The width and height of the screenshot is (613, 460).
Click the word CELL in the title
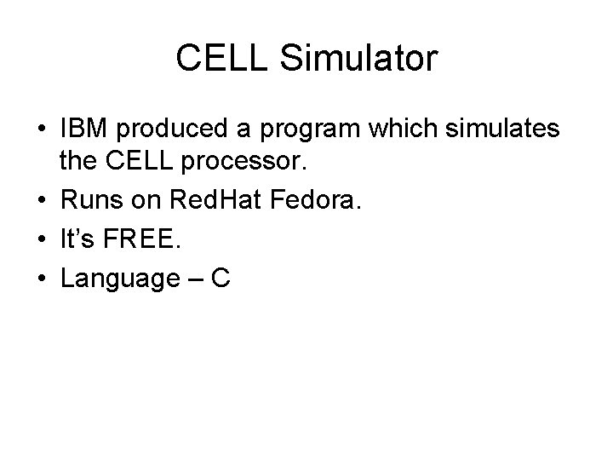218,60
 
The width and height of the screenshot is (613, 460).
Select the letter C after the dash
222,278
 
